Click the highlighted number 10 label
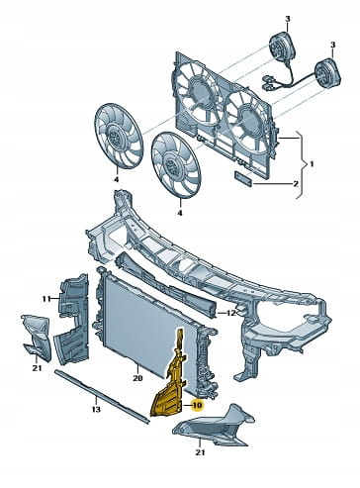(x=197, y=405)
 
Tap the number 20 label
(x=137, y=377)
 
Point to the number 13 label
(x=96, y=410)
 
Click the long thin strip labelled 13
(x=102, y=397)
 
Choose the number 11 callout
(x=46, y=299)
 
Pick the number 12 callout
(x=232, y=313)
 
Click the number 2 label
(x=296, y=183)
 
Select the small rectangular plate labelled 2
(x=244, y=178)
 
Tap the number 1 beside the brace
(x=313, y=164)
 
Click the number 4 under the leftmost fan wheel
(x=116, y=179)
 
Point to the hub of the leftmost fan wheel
(x=115, y=136)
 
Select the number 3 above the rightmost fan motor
(x=332, y=45)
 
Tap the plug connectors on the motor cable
(x=268, y=83)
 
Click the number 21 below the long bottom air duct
(x=200, y=452)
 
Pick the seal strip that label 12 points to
(x=166, y=283)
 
